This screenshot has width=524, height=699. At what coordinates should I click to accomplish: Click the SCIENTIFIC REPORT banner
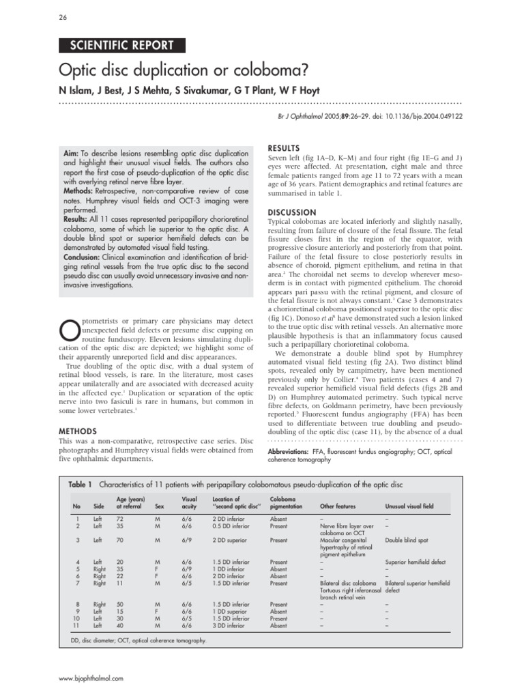121,46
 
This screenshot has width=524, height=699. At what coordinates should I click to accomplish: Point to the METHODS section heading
78,431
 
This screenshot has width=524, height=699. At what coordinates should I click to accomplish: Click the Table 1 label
81,484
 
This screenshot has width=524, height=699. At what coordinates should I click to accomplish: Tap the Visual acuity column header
189,502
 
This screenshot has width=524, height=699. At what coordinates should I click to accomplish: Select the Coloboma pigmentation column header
283,502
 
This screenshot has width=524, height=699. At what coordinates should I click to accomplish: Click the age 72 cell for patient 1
121,519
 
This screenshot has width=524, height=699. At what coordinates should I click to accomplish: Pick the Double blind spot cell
407,540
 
